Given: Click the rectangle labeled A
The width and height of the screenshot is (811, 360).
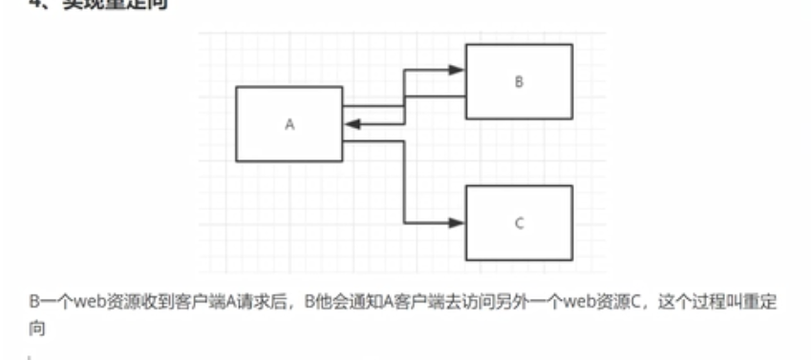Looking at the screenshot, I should pos(288,125).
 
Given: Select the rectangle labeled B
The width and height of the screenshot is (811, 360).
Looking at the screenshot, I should pos(519,81).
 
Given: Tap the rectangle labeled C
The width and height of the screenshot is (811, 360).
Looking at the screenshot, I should pos(519,223).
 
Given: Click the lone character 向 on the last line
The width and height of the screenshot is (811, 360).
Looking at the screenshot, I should pos(37,328).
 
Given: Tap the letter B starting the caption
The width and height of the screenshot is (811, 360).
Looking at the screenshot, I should pos(33,302).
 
